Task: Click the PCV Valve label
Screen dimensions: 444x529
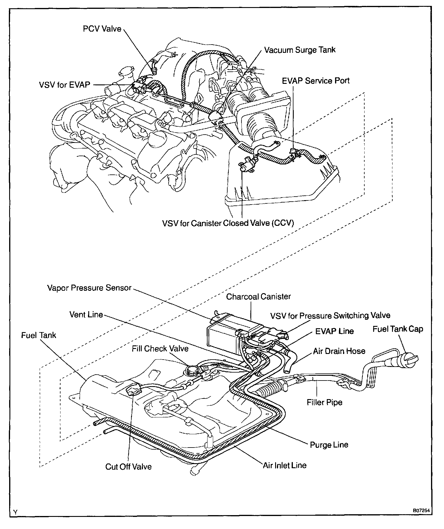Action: pyautogui.click(x=102, y=29)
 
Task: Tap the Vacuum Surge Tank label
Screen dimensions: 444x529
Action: pyautogui.click(x=300, y=50)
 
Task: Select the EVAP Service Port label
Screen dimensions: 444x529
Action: pyautogui.click(x=316, y=81)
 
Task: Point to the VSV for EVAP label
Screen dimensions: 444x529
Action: pyautogui.click(x=64, y=85)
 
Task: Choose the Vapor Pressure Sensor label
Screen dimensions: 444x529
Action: pyautogui.click(x=89, y=288)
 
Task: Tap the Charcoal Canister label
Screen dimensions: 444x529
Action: pyautogui.click(x=258, y=297)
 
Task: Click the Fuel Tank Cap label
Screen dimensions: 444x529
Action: pyautogui.click(x=398, y=329)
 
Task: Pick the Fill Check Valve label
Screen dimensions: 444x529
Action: pyautogui.click(x=160, y=349)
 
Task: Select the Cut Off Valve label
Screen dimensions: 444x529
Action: pyautogui.click(x=128, y=467)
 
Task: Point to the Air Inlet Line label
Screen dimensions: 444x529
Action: pyautogui.click(x=285, y=465)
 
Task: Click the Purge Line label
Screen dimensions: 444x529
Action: pyautogui.click(x=329, y=445)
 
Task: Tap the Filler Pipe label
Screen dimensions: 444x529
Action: pyautogui.click(x=324, y=402)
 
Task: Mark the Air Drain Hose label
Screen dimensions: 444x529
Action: pyautogui.click(x=339, y=351)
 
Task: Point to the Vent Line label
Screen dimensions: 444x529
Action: pyautogui.click(x=86, y=314)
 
